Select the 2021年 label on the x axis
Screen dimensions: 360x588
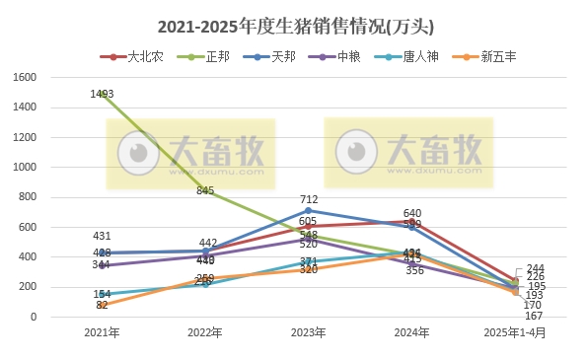103,333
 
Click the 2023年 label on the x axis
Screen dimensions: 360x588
309,333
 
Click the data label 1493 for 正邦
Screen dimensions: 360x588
103,94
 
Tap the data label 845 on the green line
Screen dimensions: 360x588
205,190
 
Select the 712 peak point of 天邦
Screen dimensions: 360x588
309,210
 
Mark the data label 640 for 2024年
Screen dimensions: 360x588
412,213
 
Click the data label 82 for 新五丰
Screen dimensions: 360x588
103,306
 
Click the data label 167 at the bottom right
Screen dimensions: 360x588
535,316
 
